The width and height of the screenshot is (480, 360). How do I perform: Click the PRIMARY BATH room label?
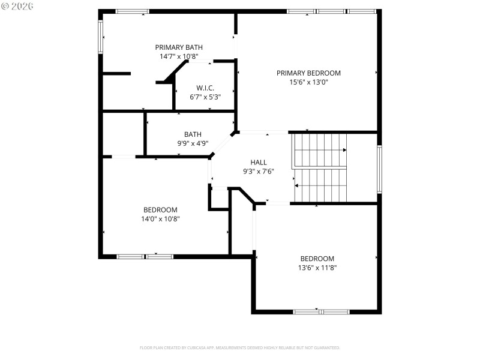(179, 47)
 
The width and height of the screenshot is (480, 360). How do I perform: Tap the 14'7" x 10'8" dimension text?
(179, 56)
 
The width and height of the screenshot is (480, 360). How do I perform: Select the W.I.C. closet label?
(205, 88)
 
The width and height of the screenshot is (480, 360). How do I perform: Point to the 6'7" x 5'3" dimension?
(205, 97)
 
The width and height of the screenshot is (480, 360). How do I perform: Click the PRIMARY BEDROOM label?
(308, 73)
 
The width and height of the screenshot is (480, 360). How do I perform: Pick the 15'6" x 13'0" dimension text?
(308, 82)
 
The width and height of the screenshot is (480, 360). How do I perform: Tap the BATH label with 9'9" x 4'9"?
(193, 134)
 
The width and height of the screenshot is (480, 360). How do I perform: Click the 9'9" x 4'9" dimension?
(193, 143)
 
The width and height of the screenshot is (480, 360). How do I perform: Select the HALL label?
(259, 162)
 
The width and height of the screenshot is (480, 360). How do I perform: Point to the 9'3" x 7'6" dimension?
(259, 171)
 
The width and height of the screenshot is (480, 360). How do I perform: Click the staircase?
(320, 168)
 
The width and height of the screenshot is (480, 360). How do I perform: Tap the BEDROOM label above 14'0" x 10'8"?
(160, 209)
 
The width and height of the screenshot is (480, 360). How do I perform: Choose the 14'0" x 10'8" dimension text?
(160, 219)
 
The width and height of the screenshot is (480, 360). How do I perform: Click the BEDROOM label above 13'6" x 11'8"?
(317, 259)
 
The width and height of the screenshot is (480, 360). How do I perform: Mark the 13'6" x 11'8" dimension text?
(317, 268)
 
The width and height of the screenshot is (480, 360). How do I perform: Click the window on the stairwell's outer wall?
(379, 169)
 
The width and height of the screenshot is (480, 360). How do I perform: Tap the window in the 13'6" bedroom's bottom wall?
(321, 311)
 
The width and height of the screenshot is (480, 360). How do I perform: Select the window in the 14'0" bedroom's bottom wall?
(145, 256)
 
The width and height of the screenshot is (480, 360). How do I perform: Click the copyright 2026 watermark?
(17, 5)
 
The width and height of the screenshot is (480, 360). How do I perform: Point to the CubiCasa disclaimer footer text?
(240, 347)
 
